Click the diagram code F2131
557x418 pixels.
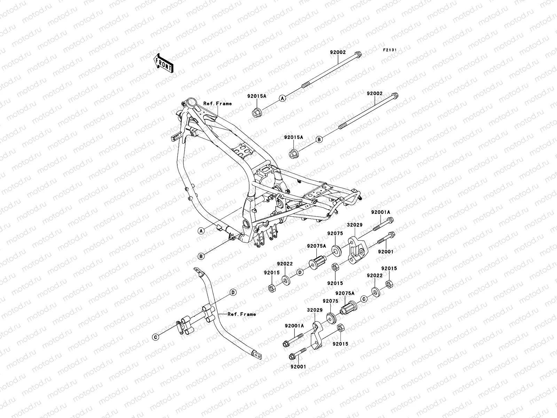click(390, 50)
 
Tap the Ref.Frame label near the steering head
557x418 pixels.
click(218, 103)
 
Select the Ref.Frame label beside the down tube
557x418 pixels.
click(242, 314)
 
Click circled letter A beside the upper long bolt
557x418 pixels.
click(283, 99)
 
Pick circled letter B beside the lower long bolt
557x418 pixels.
click(319, 139)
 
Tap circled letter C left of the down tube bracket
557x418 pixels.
click(156, 337)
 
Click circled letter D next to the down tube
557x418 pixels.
click(233, 293)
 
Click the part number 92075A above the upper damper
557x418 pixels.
click(316, 246)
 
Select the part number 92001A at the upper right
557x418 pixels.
click(381, 212)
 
